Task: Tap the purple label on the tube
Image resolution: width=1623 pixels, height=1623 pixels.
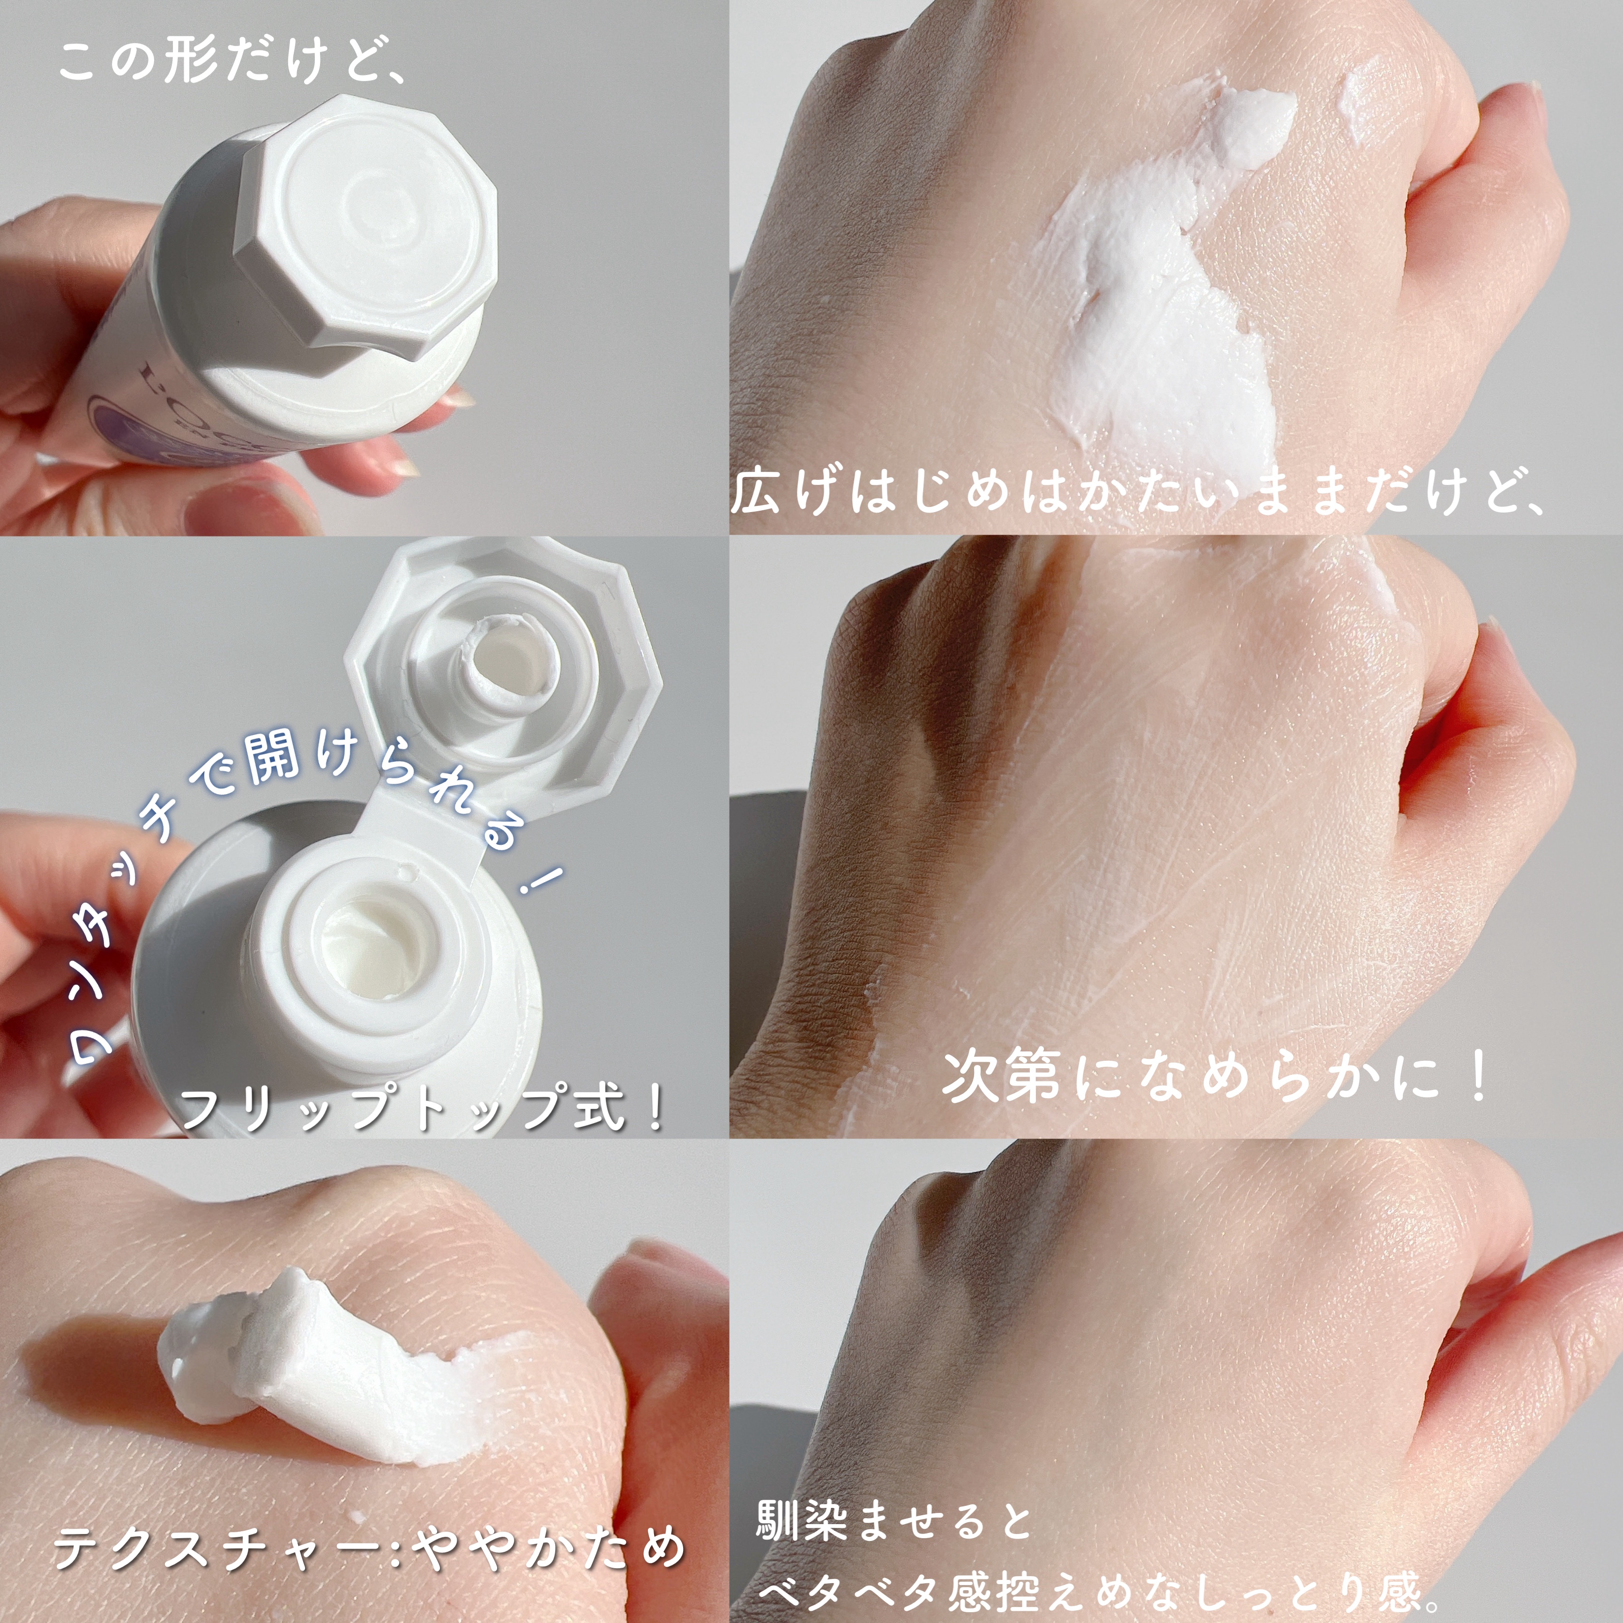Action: pyautogui.click(x=118, y=412)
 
